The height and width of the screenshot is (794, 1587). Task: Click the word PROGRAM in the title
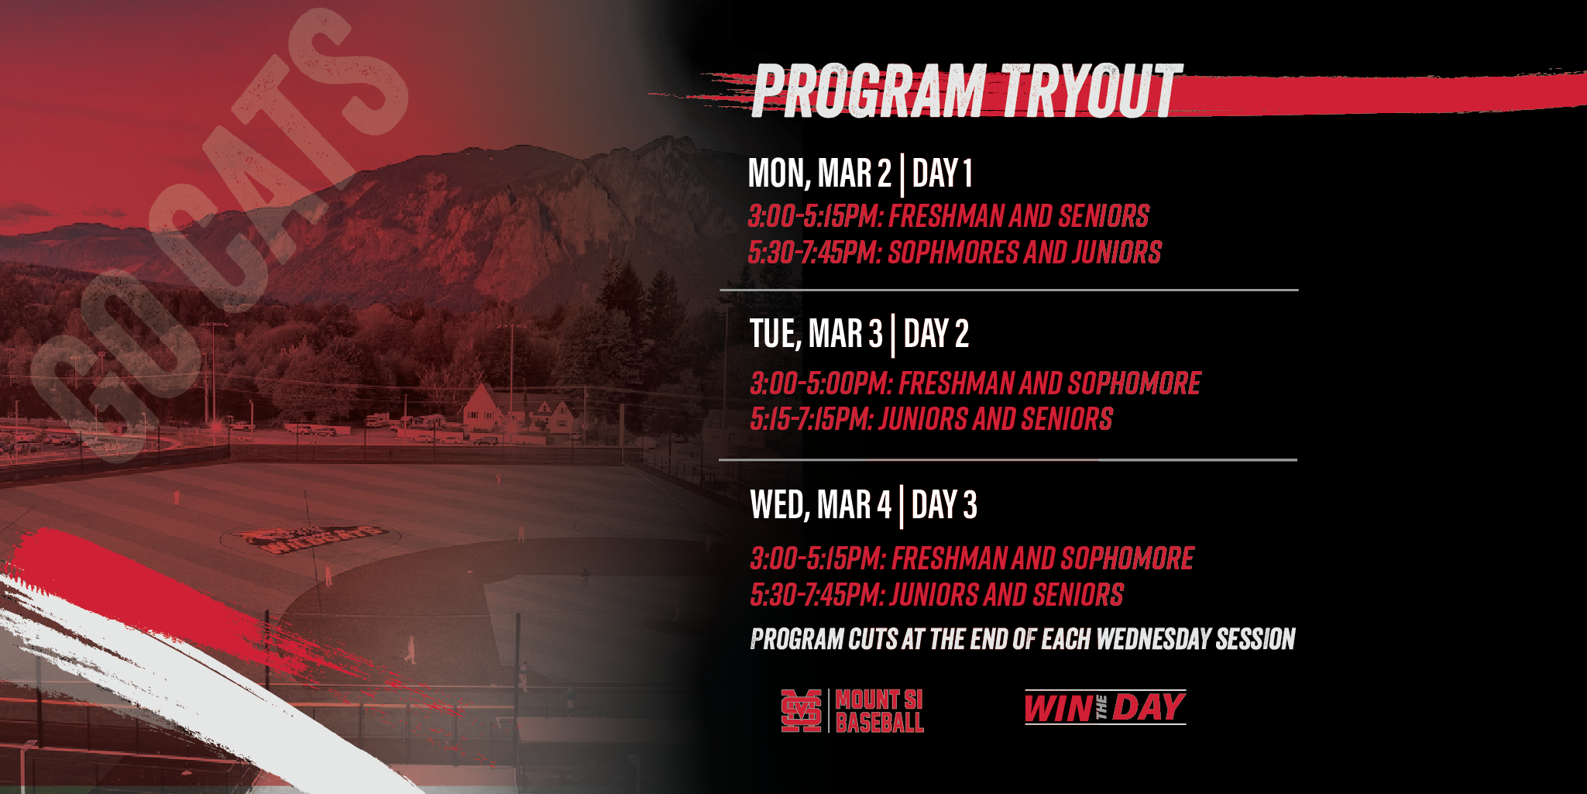868,91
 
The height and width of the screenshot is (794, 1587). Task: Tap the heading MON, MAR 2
819,173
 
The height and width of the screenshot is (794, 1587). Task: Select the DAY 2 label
936,334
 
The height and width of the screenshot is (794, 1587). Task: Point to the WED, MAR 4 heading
821,505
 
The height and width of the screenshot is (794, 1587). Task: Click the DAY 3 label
944,505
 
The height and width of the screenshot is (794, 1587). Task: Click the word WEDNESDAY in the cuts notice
1153,639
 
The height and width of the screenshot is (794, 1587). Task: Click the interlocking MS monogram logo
801,710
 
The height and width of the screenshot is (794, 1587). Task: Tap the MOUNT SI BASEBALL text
880,711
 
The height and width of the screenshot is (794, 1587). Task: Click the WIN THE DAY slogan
1105,707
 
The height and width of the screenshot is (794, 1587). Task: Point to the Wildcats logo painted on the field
310,538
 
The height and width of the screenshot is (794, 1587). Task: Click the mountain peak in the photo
663,143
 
